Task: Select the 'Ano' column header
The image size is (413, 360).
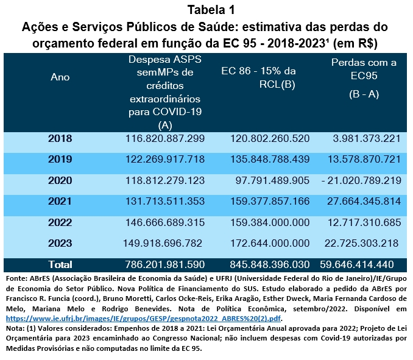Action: [60, 77]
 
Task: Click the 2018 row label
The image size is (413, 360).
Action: [60, 139]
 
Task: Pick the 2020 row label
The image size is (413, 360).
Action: [60, 180]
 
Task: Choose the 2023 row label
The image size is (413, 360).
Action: [60, 243]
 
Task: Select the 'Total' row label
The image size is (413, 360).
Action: [60, 264]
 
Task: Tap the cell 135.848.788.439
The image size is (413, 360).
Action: [270, 160]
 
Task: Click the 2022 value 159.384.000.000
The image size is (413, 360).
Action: [270, 222]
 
